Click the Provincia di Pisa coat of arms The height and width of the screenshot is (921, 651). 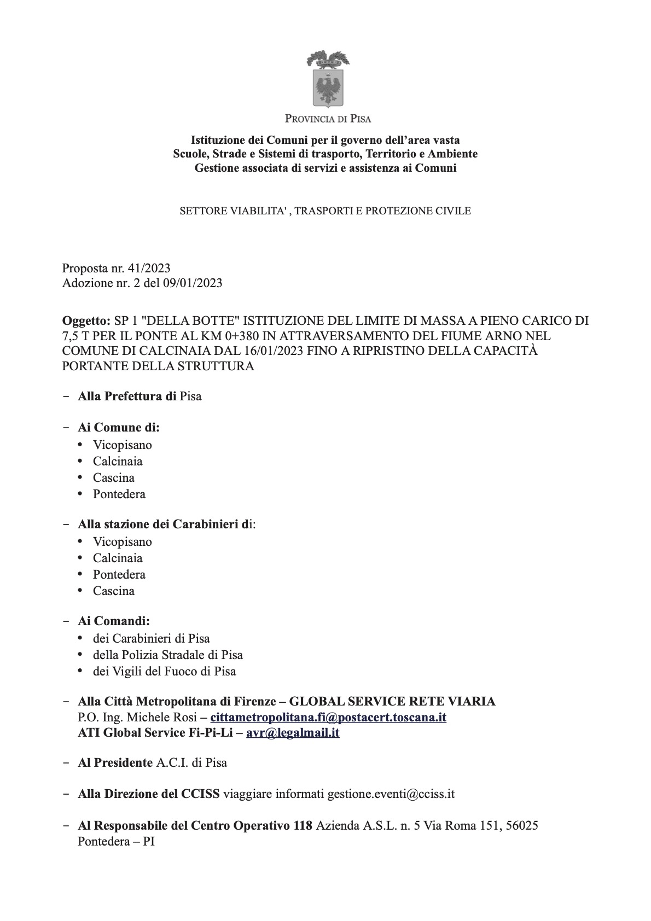click(x=328, y=78)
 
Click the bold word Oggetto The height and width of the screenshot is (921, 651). click(x=85, y=320)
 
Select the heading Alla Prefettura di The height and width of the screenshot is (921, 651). click(x=127, y=396)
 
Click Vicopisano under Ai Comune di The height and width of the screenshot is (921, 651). click(x=123, y=445)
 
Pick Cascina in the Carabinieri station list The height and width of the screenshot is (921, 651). click(x=113, y=591)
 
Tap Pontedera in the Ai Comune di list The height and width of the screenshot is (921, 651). click(x=119, y=494)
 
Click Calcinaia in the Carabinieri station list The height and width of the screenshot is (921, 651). click(x=118, y=558)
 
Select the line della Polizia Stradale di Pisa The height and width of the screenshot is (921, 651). click(x=168, y=655)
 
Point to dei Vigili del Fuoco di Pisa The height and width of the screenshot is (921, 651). click(x=165, y=671)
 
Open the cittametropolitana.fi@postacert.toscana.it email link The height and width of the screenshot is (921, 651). click(x=328, y=717)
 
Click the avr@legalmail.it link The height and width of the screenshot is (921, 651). click(x=293, y=732)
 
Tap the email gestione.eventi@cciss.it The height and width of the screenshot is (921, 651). click(x=391, y=794)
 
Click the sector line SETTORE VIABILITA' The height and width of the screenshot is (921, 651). click(x=326, y=211)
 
